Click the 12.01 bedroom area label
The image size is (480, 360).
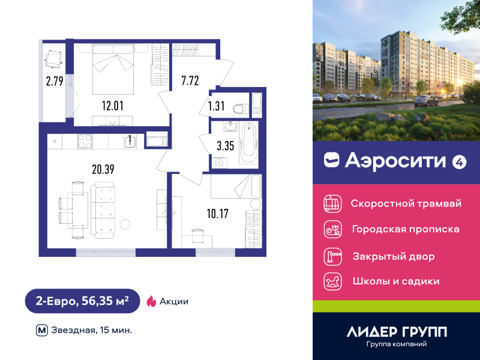113,106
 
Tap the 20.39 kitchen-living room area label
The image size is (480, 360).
103,169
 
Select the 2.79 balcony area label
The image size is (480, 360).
55,81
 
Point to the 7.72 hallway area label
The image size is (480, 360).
190,80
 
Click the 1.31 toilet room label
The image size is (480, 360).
217,106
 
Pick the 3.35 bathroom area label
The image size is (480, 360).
226,146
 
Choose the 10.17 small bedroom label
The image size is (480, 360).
218,214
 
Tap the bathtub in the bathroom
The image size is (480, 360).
249,143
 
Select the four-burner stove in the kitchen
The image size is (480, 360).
85,142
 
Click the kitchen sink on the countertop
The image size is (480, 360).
131,142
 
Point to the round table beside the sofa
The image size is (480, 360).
125,224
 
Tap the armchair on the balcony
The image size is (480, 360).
54,58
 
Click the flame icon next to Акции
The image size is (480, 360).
151,301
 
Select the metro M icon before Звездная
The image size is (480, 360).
42,331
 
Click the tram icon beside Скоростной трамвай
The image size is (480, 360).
333,203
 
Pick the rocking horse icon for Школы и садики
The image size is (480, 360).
333,281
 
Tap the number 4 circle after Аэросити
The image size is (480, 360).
460,162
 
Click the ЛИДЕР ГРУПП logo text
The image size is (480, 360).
397,332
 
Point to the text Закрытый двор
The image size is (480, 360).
394,256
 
